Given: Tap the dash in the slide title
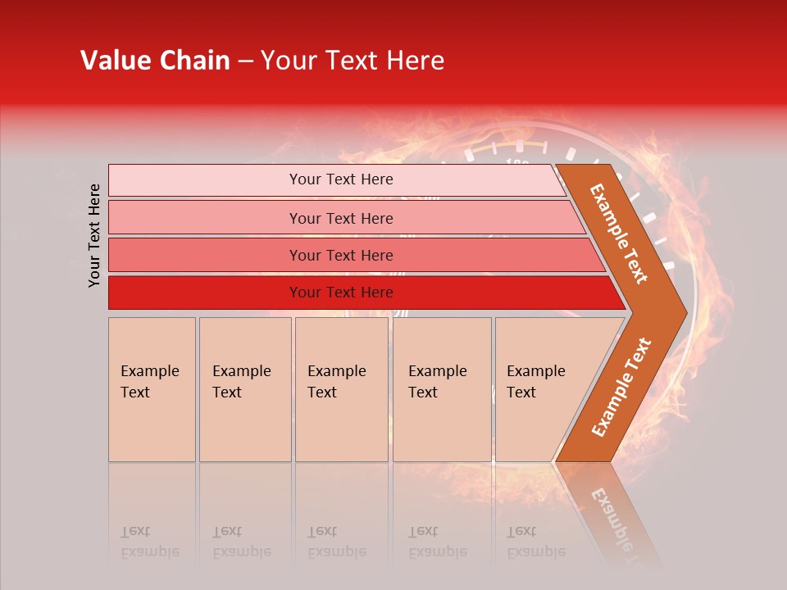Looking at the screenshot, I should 245,61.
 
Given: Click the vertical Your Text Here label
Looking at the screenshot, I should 94,235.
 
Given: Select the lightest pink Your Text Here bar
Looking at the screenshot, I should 340,179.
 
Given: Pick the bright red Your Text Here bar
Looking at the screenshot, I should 340,293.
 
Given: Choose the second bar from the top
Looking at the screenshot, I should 340,218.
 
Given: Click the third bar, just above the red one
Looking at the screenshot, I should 340,255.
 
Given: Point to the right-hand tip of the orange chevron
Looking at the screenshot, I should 685,312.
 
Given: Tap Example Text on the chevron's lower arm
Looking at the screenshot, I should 621,387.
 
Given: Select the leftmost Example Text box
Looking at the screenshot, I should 152,389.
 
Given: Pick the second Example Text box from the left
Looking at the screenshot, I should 244,389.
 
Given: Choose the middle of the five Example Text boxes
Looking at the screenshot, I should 341,389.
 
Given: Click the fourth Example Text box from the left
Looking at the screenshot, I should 441,389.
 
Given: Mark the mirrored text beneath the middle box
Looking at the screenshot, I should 336,542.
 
